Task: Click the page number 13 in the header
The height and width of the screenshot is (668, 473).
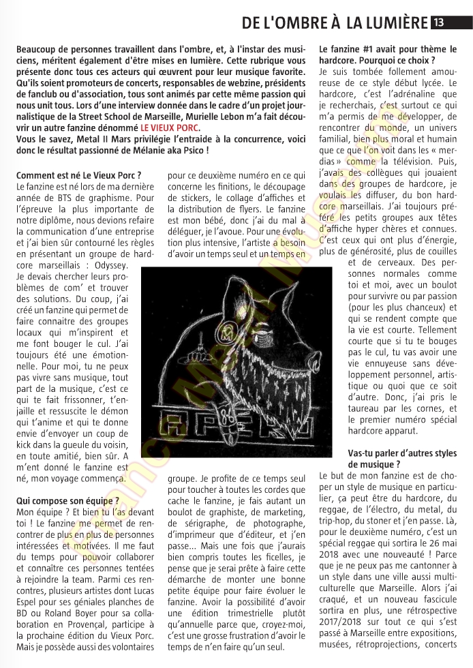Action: [x=439, y=23]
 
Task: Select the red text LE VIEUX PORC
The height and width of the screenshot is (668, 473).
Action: [x=170, y=127]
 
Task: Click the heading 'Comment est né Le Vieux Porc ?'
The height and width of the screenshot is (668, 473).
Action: [x=78, y=175]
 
